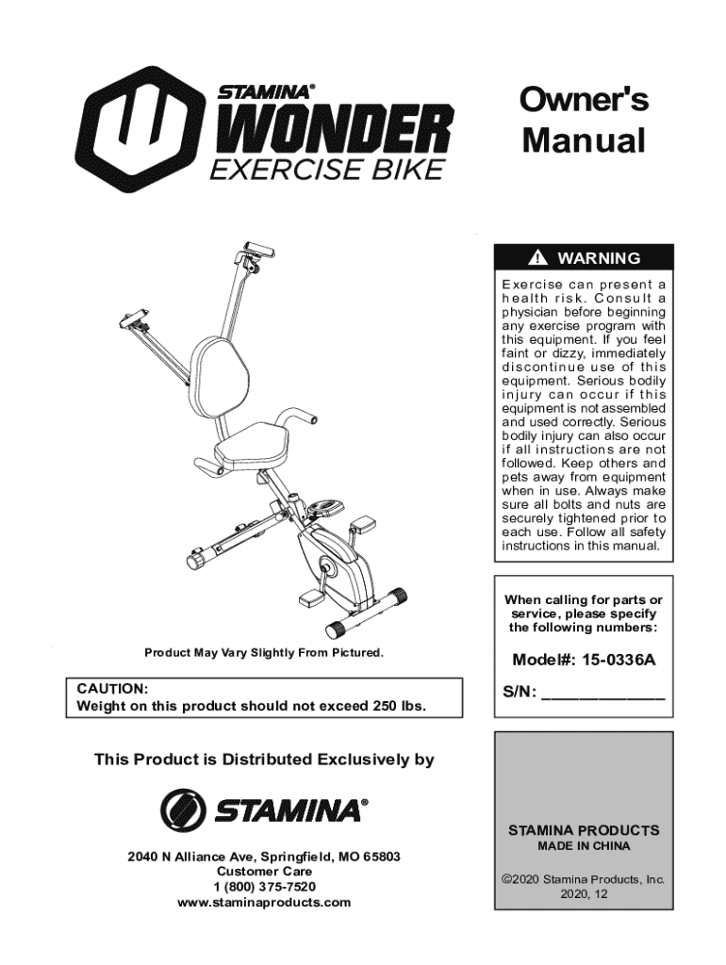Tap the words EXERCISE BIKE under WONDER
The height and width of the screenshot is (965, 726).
coord(325,172)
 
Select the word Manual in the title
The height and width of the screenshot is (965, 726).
coord(584,141)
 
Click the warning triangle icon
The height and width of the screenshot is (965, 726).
coord(538,258)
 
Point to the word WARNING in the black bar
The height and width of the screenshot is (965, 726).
coord(599,258)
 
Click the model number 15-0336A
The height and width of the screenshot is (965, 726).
coord(619,660)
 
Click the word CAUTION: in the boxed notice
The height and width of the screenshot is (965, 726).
coord(112,689)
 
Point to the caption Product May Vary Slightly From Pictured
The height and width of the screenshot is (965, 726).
coord(263,653)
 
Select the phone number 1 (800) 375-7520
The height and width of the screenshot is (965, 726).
coord(264,887)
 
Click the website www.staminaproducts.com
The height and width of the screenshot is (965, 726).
coord(264,902)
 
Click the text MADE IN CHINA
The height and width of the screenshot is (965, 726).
coord(584,846)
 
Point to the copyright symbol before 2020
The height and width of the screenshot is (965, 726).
coord(506,879)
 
